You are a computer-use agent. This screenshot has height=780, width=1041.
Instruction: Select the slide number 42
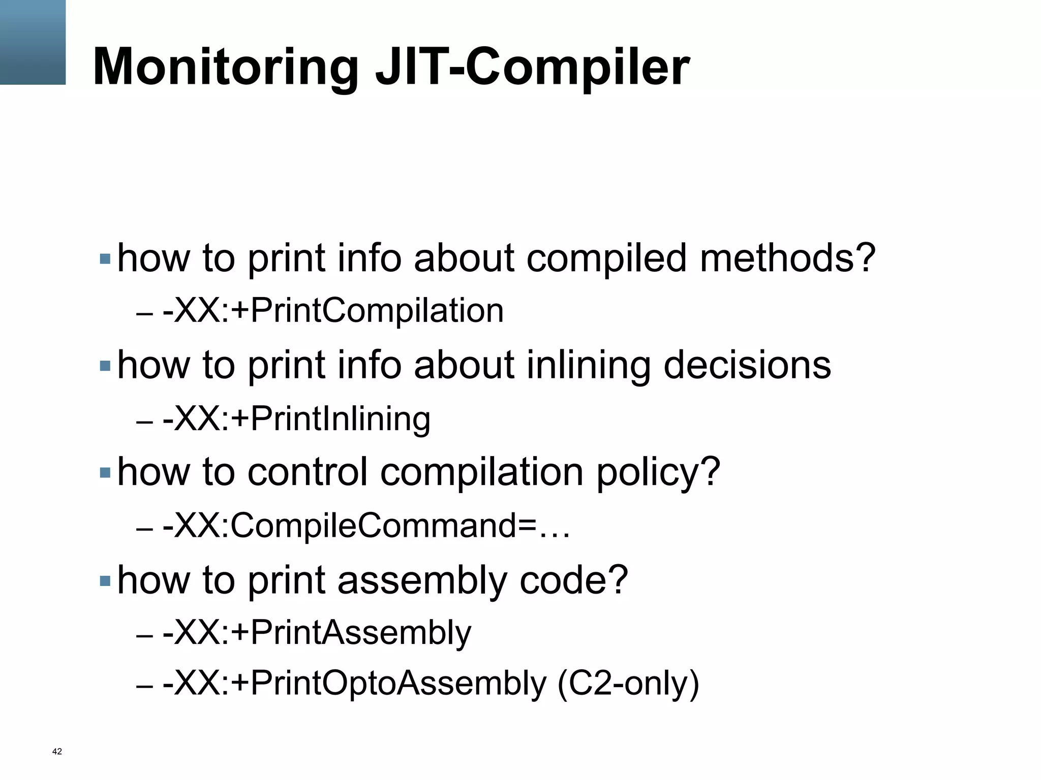pos(57,752)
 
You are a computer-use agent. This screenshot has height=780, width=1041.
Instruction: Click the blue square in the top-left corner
pos(33,42)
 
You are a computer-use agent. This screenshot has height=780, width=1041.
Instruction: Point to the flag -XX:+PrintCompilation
pos(333,311)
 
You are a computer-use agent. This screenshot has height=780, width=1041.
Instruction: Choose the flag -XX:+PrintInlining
pos(296,419)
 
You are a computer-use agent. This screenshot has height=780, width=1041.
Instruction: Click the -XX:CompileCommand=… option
pos(366,526)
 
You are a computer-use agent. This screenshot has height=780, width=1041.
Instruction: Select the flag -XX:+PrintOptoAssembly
pos(354,684)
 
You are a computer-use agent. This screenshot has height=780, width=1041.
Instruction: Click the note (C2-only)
pos(628,684)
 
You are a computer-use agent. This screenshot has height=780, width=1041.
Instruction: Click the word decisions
pos(747,365)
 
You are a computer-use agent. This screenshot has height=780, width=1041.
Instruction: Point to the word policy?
pos(658,473)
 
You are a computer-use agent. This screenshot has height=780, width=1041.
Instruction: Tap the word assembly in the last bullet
pos(422,580)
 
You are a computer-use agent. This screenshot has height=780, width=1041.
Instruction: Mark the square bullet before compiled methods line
pos(105,259)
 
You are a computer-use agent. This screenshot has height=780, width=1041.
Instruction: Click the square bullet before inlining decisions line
pos(105,366)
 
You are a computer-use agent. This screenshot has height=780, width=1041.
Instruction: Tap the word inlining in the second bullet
pos(588,365)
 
